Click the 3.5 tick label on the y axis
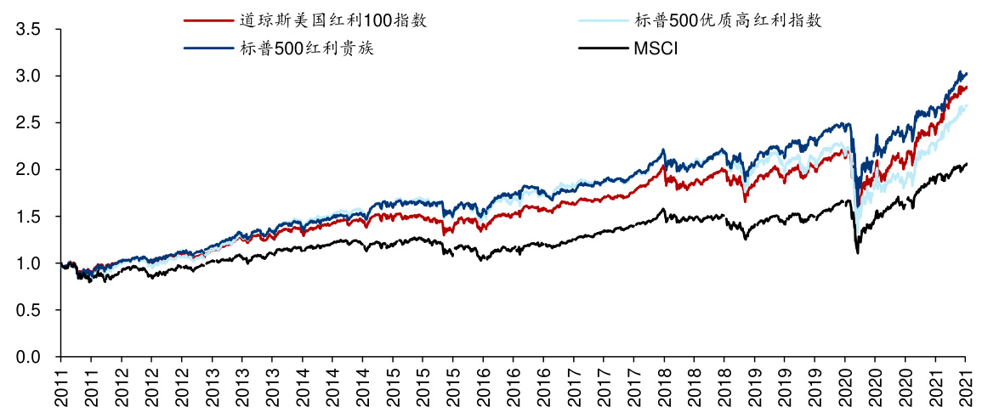coord(28,30)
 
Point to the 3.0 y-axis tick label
coord(28,76)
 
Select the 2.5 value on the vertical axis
coord(28,123)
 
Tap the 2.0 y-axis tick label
coord(28,170)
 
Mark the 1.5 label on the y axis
coord(28,217)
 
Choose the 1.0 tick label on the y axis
coord(28,263)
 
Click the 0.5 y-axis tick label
coord(28,310)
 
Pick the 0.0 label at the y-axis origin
coord(28,357)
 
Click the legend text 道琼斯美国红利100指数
coord(333,20)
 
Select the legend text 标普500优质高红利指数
coord(728,20)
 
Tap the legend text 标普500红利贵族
coord(307,48)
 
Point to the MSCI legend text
coord(655,48)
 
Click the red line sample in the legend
coord(209,20)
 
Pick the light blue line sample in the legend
coord(604,20)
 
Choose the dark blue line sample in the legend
coord(209,48)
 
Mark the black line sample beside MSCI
coord(604,48)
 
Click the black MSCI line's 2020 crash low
coord(857,252)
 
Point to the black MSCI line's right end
coord(967,163)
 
